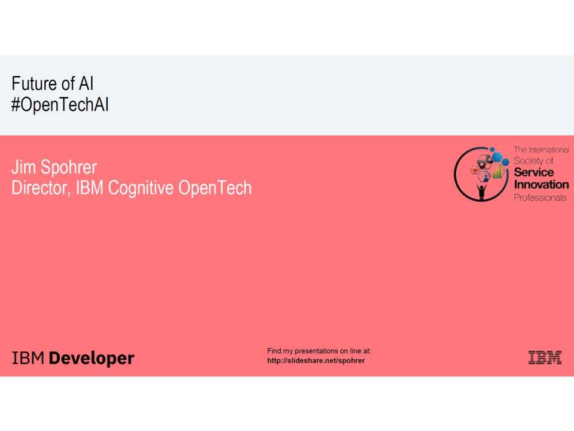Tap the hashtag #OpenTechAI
click(60, 105)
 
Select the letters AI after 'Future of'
click(86, 84)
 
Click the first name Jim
click(23, 168)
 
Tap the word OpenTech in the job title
click(215, 188)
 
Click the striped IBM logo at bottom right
click(545, 358)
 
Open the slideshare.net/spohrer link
click(316, 360)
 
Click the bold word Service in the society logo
click(534, 172)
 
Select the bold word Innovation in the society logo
click(541, 184)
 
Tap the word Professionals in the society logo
click(540, 197)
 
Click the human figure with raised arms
click(481, 191)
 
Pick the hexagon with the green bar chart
click(497, 174)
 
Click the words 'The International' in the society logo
click(541, 150)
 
